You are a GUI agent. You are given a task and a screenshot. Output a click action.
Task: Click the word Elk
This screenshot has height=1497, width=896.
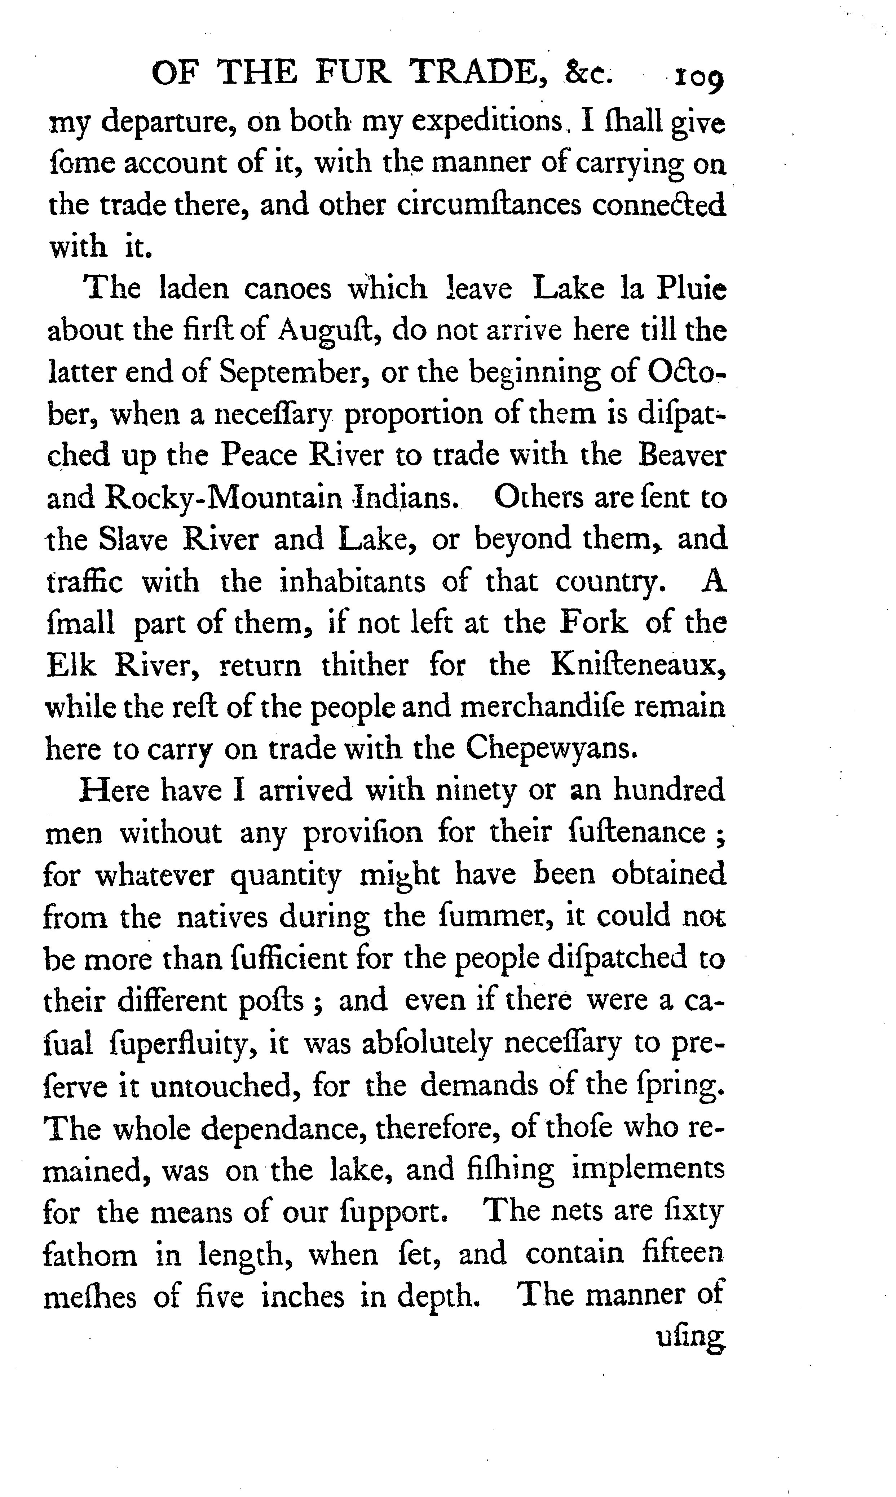(x=71, y=665)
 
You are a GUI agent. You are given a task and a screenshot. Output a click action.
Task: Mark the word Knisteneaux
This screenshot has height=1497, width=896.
(x=637, y=665)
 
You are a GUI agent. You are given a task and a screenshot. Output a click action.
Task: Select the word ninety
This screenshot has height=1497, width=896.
(x=476, y=791)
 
